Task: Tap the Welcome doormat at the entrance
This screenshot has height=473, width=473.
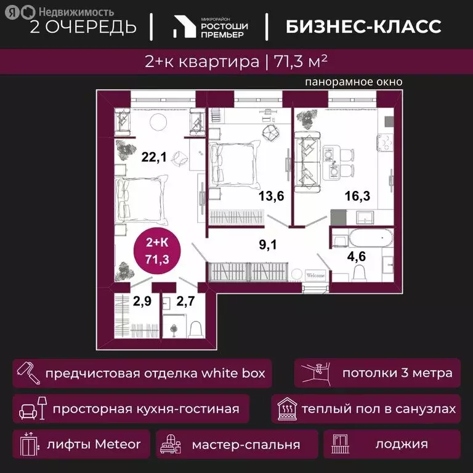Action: point(315,276)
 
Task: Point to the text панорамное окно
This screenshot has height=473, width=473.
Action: point(354,82)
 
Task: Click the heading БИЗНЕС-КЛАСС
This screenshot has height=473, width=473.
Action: point(363,26)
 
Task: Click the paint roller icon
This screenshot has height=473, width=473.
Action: point(27,373)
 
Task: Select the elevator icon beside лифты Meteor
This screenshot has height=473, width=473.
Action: point(27,444)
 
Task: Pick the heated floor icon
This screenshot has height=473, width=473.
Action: point(286,409)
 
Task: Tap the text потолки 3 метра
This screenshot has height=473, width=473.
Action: point(397,373)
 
